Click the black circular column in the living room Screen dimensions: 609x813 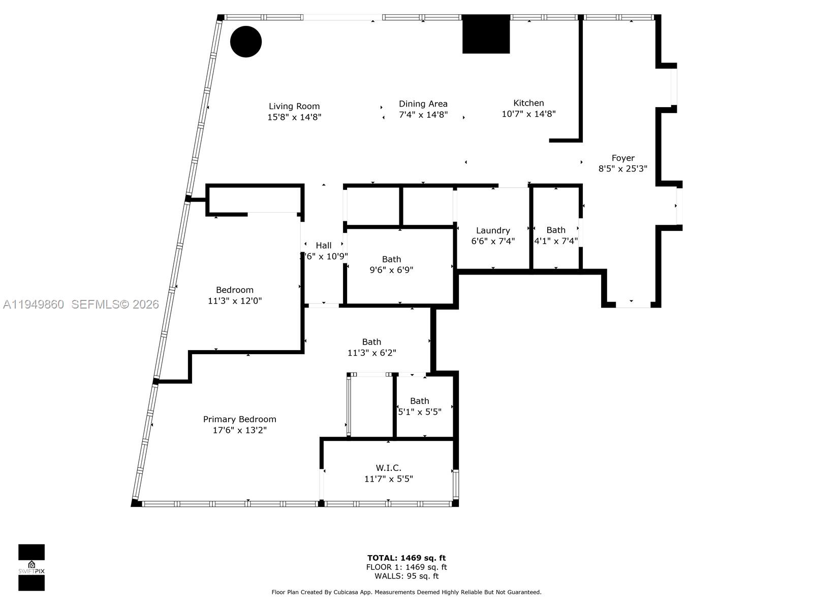click(246, 42)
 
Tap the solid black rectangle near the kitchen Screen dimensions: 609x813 click(486, 34)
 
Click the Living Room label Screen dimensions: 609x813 click(294, 106)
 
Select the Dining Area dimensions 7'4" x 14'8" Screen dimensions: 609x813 click(423, 115)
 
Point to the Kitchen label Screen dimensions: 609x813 click(528, 103)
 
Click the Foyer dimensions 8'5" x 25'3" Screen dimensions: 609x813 click(622, 168)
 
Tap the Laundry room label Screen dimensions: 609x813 click(493, 230)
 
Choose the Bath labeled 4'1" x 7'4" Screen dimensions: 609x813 click(556, 235)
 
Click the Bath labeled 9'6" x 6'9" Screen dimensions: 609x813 click(391, 264)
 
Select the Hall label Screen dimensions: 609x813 click(324, 246)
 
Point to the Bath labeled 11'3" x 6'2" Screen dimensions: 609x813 click(371, 347)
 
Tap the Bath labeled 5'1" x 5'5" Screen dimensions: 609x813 click(419, 406)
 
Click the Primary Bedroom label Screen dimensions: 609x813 click(240, 419)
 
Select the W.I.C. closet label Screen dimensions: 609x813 click(389, 468)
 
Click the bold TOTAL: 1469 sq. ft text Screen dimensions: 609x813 click(407, 558)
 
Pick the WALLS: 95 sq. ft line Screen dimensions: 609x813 click(407, 576)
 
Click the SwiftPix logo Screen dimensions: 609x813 click(32, 567)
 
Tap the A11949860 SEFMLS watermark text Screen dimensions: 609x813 click(81, 304)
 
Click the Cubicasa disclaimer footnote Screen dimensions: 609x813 click(407, 592)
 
